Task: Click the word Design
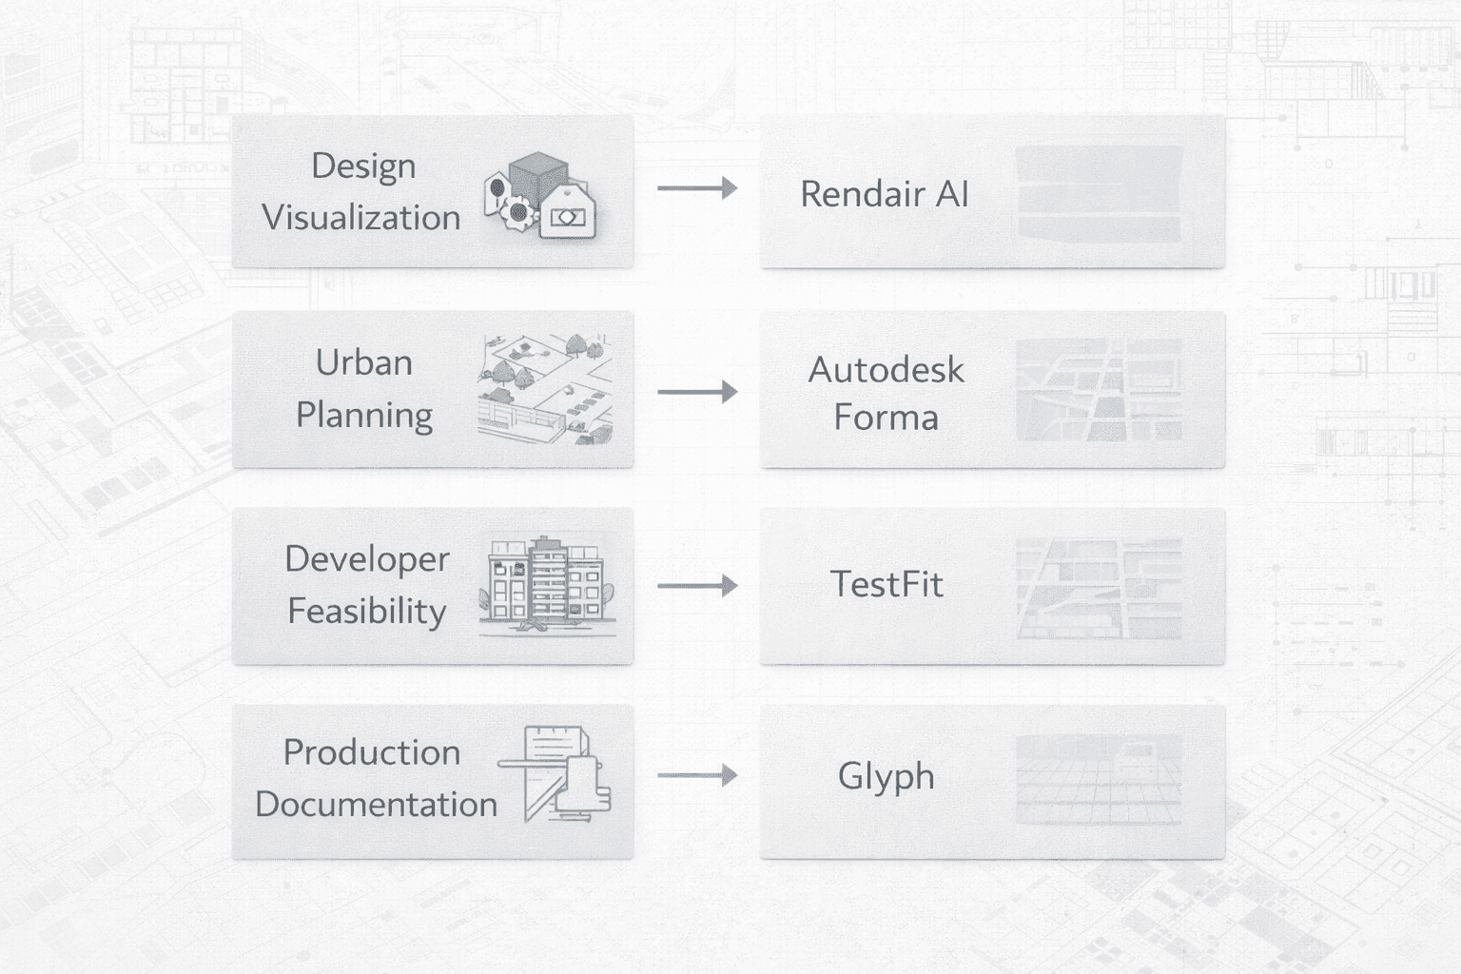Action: click(x=363, y=166)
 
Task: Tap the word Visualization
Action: click(x=361, y=218)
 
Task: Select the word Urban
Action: click(x=363, y=363)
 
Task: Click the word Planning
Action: click(x=363, y=416)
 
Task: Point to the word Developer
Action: click(x=367, y=559)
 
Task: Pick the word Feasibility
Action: click(x=367, y=611)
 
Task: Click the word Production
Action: click(x=372, y=752)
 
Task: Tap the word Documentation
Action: click(x=376, y=805)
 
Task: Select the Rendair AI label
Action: click(x=884, y=194)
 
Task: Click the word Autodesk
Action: click(x=886, y=369)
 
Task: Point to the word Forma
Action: click(x=886, y=418)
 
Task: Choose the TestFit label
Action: click(x=886, y=584)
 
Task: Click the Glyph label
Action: click(x=886, y=776)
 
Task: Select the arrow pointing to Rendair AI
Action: click(x=697, y=188)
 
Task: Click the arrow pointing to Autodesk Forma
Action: click(x=697, y=391)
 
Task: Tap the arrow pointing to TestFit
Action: click(x=697, y=585)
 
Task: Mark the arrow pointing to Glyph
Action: click(x=697, y=775)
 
